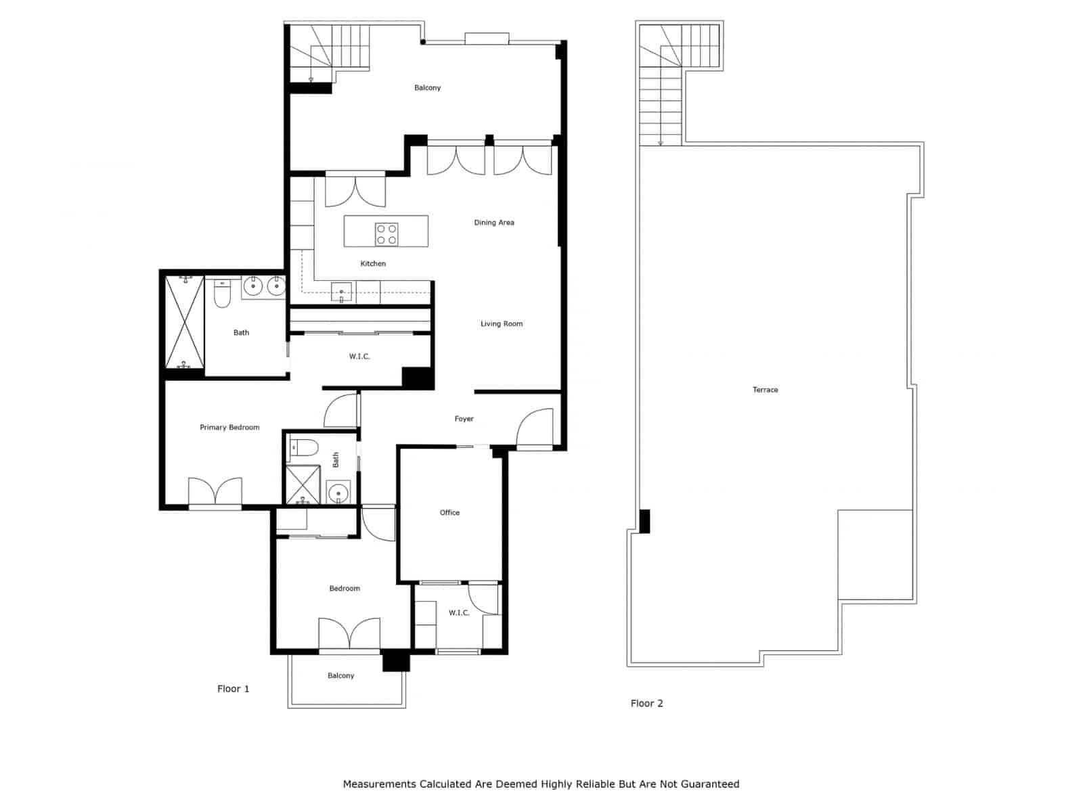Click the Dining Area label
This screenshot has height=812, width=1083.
[493, 223]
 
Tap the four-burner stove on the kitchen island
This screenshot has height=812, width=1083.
[386, 234]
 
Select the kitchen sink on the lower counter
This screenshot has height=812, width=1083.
[341, 292]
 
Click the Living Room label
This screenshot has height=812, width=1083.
[501, 324]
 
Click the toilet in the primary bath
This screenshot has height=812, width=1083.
[222, 296]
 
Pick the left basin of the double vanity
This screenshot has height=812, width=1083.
[253, 287]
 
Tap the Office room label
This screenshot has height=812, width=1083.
[449, 513]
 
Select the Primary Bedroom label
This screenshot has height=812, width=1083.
[229, 428]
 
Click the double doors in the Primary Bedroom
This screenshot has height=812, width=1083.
[215, 491]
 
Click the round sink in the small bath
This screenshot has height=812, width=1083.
[338, 493]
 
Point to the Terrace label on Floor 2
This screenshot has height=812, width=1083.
[765, 390]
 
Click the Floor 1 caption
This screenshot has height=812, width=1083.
[233, 689]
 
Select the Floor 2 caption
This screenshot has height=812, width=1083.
[646, 704]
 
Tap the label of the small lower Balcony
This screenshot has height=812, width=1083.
[340, 676]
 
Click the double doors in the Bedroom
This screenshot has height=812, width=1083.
[349, 633]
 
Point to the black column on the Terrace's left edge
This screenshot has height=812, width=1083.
[644, 521]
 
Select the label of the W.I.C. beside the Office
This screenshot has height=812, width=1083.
[458, 613]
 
